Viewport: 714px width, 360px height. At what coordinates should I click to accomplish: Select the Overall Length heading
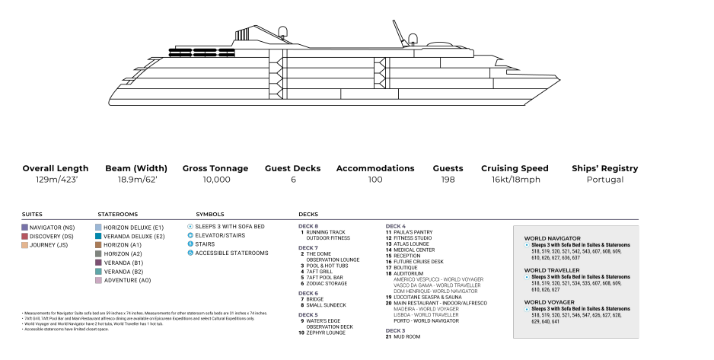click(x=56, y=168)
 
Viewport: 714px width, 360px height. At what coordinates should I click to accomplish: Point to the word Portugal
click(x=605, y=180)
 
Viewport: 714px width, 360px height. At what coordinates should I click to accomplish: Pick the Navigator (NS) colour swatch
click(x=25, y=227)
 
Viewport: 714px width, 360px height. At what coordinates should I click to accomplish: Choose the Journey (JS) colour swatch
click(x=25, y=245)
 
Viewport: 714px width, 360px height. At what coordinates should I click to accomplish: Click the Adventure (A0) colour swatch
click(x=98, y=280)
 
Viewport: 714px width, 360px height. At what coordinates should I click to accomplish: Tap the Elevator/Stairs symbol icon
click(x=190, y=235)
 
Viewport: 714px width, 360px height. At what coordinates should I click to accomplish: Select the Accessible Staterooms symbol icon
click(x=190, y=253)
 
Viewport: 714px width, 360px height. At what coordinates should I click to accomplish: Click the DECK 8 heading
click(x=308, y=225)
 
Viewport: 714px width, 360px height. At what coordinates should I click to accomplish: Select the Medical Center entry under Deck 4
click(x=414, y=250)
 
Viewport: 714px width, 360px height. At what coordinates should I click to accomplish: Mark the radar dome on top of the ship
click(x=284, y=32)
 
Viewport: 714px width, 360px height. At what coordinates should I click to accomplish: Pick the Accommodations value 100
click(x=375, y=180)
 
